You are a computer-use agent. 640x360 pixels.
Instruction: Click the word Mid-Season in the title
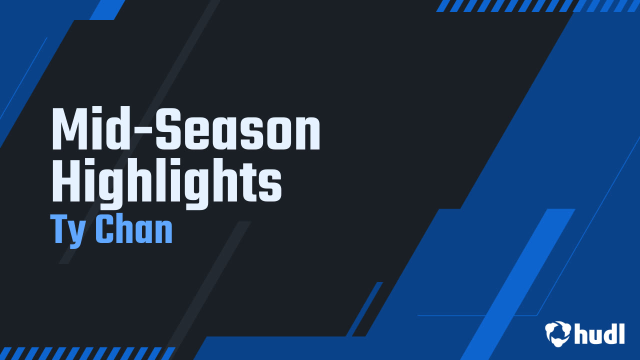[186, 129]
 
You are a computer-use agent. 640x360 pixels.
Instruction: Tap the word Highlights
[167, 183]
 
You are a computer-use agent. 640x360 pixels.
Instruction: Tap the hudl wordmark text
[599, 333]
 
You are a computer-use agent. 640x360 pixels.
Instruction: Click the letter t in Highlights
[248, 183]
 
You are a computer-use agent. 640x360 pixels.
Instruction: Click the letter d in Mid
[125, 129]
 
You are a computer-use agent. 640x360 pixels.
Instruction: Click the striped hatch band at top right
[537, 5]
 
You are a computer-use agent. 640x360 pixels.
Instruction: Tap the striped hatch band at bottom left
[87, 353]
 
